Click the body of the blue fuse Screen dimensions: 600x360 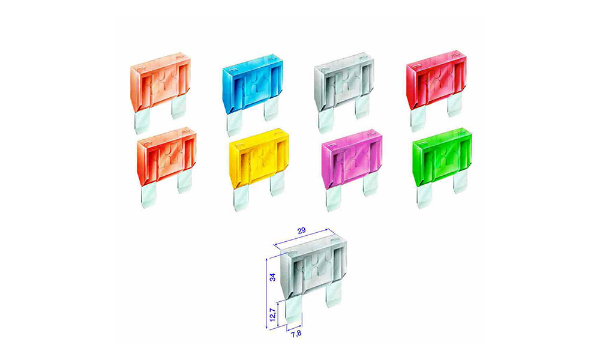pos(253,86)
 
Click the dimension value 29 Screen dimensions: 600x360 pos(302,230)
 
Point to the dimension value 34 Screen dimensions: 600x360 pos(272,277)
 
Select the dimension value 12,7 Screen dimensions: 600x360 pos(272,315)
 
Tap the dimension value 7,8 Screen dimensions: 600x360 pos(296,334)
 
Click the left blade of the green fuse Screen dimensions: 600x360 pos(424,197)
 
